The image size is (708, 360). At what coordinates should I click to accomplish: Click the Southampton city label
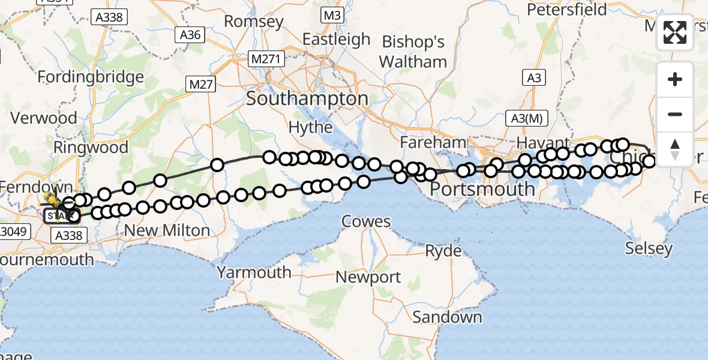coord(307,99)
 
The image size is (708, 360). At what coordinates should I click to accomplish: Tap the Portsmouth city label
coord(483,190)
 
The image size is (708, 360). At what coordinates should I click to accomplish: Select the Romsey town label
coord(254,22)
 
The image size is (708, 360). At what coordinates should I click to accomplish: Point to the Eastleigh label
coord(336,40)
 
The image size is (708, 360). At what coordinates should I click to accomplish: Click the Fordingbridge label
coord(91,77)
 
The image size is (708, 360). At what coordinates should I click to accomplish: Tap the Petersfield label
coord(566,10)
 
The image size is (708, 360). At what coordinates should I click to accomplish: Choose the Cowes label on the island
coord(366,221)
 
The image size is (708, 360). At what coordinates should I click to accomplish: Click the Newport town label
coord(368,277)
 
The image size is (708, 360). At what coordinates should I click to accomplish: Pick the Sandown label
coord(448,317)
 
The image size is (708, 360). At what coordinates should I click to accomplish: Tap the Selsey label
coord(649,248)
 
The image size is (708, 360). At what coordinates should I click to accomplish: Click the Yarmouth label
coord(254,272)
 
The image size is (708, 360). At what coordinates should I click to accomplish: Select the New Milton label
coord(167,230)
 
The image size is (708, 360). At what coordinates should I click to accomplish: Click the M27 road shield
coord(201,85)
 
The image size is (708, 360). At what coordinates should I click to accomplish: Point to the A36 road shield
coord(190,35)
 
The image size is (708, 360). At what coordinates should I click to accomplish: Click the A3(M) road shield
coord(527,118)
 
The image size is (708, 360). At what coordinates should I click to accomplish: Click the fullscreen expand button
coord(675,32)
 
